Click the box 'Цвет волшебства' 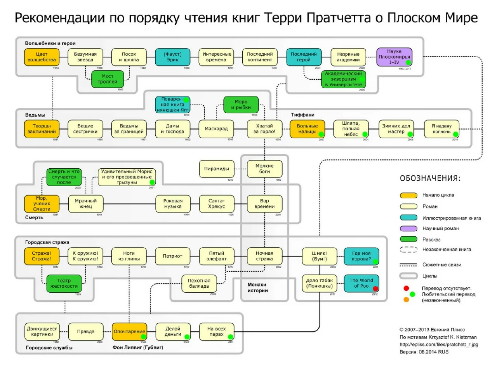pos(42,57)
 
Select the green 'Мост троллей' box pos(108,79)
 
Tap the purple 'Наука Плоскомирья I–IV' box pos(394,57)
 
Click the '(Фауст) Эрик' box pos(173,57)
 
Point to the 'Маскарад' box pos(216,129)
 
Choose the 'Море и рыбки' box pos(241,105)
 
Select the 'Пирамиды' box pos(216,169)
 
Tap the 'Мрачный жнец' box pos(85,204)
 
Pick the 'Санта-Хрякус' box pos(216,204)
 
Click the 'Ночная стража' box pos(264,256)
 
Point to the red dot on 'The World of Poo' pos(375,288)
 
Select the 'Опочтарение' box pos(129,332)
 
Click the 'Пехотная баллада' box pos(199,283)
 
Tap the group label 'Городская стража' pos(47,242)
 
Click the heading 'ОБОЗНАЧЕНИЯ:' pos(430,178)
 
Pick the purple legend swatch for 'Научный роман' pos(408,228)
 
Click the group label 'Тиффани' pos(303,115)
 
